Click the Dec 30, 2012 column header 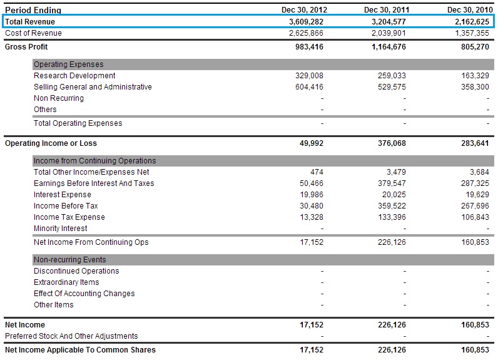[x=305, y=10]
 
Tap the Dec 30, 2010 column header [x=469, y=10]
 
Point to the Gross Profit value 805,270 [x=474, y=47]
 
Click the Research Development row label [x=74, y=76]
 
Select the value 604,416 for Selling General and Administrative [x=309, y=87]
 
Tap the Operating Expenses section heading [x=69, y=64]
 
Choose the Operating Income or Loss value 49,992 [x=312, y=143]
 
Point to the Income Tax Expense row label [x=69, y=217]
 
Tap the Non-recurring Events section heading [x=70, y=260]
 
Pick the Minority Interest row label [x=61, y=229]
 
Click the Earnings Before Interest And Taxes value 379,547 [x=390, y=183]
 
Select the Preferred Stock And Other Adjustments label [x=71, y=336]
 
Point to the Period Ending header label [x=33, y=10]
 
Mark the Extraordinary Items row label [x=66, y=282]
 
